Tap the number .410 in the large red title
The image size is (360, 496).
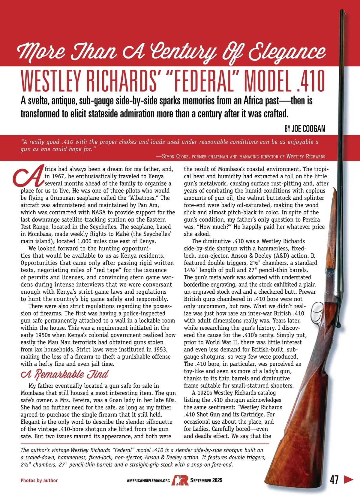310,81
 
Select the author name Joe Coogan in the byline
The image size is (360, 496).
308,129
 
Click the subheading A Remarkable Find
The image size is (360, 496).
64,374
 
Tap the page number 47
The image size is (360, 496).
334,480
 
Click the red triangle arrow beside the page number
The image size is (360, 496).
348,479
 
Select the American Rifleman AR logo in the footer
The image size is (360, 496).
180,480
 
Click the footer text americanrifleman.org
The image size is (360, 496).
148,481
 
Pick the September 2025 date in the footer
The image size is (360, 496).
206,480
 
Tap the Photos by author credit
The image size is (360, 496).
39,480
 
